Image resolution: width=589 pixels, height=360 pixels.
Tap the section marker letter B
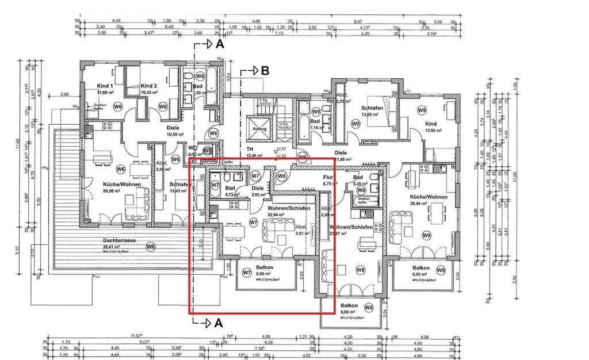point(265,71)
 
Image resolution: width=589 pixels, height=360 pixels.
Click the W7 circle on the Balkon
point(246,271)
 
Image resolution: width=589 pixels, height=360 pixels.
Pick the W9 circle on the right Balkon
point(441,270)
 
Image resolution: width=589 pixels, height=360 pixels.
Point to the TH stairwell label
point(250,149)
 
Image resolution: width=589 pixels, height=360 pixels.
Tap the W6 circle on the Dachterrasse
point(150,247)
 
